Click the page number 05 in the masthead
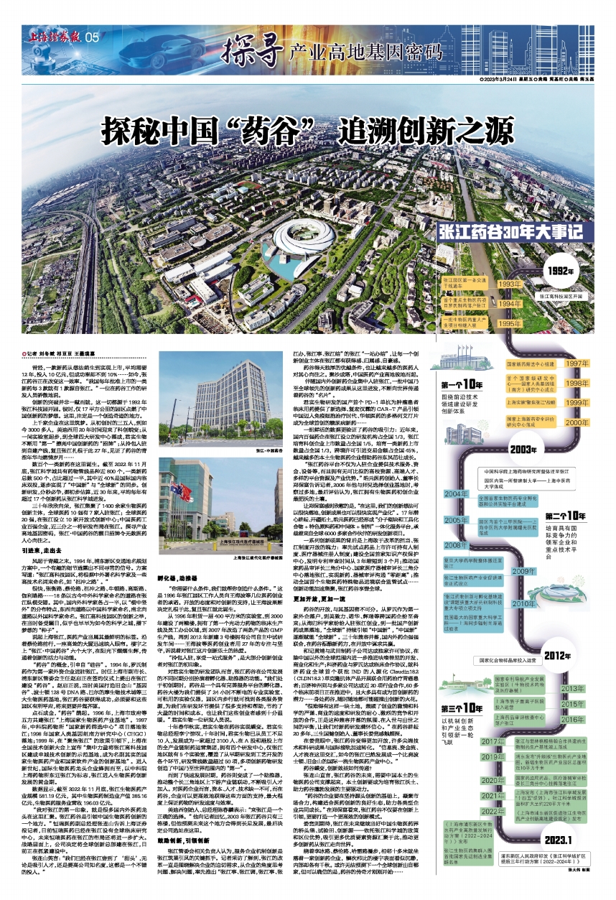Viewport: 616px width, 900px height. pyautogui.click(x=90, y=37)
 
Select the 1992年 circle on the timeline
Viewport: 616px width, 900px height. pyautogui.click(x=580, y=272)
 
